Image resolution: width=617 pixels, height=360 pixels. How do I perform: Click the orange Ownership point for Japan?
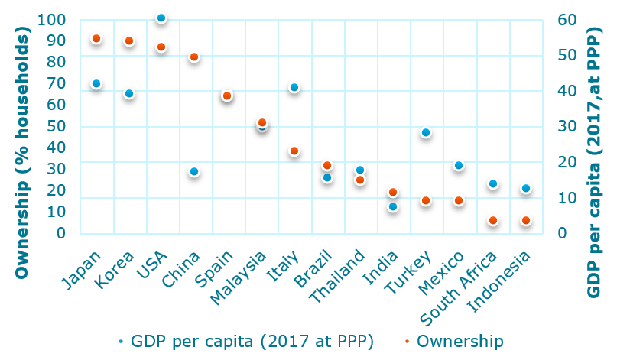(96, 39)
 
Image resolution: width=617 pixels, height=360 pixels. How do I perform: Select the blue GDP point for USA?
(161, 18)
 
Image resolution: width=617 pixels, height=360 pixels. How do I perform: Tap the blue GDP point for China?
(194, 172)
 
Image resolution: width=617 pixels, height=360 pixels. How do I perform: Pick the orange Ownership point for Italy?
(294, 151)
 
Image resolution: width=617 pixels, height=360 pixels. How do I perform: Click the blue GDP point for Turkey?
(426, 133)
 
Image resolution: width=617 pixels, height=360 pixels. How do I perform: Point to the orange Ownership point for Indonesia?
(525, 221)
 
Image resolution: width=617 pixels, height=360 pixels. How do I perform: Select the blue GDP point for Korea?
(129, 94)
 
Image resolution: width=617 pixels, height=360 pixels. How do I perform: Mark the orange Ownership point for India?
(393, 193)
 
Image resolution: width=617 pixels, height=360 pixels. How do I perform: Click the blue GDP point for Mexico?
(459, 166)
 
